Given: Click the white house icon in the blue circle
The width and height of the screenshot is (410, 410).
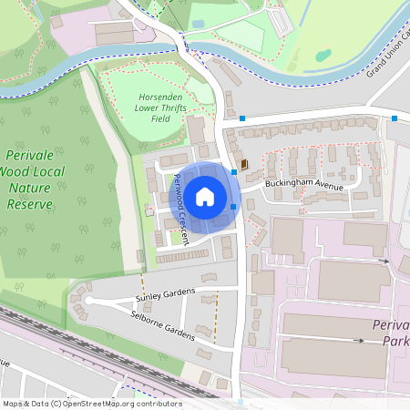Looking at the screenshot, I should [x=205, y=196].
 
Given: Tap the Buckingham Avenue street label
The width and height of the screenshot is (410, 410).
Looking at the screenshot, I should [x=303, y=186].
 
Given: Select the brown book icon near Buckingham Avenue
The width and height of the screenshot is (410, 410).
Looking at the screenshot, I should [x=244, y=164].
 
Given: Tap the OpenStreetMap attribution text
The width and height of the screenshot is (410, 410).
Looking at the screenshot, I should [x=91, y=404].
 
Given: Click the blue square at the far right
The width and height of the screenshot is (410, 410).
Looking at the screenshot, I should [x=395, y=118].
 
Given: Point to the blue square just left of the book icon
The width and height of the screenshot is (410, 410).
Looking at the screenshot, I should [x=235, y=170].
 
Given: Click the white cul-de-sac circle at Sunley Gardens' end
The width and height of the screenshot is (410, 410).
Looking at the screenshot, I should [x=88, y=300].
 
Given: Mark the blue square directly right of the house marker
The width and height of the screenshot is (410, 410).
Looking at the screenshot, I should [x=234, y=207].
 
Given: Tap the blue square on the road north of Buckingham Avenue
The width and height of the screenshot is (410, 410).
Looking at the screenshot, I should [x=242, y=118].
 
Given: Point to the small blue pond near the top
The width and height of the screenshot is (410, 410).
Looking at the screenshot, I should [x=199, y=24].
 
